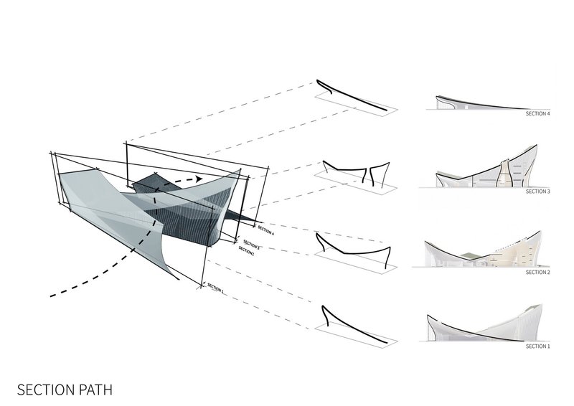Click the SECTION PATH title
tap(65, 390)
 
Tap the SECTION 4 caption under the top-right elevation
tap(537, 113)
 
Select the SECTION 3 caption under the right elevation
tap(537, 192)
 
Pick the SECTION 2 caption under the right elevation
tap(537, 273)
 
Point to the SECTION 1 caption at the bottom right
tap(537, 346)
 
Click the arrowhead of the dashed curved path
tap(199, 179)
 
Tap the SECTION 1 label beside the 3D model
tap(215, 288)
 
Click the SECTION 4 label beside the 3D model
tap(265, 230)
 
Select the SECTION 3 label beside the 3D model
tap(252, 244)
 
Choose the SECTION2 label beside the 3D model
tap(246, 250)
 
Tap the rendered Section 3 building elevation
tap(487, 166)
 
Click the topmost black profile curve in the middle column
tap(352, 96)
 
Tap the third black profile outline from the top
tap(352, 252)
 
